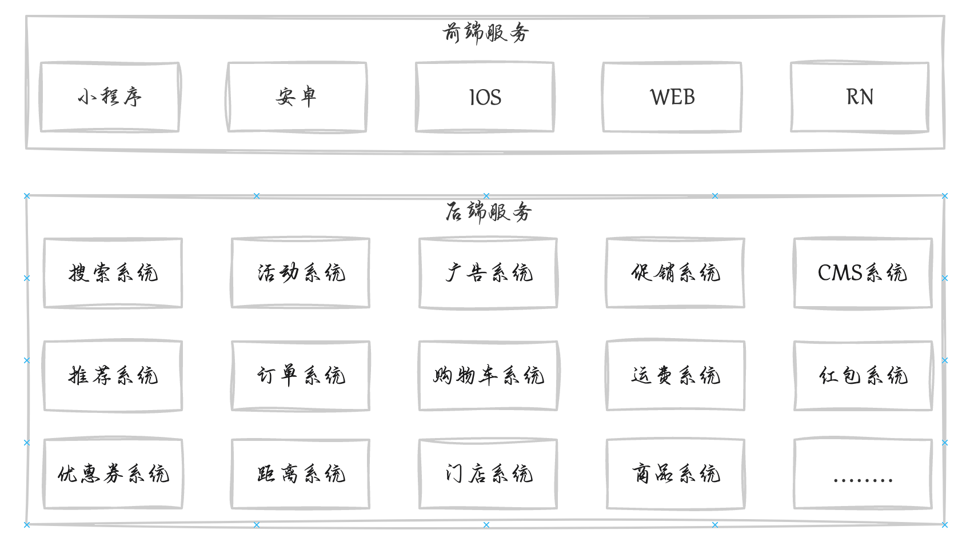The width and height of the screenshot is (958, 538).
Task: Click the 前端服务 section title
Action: click(x=485, y=33)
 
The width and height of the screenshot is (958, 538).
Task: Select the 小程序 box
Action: click(x=110, y=97)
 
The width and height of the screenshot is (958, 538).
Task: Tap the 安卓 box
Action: click(x=297, y=97)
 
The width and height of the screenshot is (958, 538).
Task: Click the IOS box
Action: click(x=485, y=98)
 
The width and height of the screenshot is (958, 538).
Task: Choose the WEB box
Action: click(x=672, y=98)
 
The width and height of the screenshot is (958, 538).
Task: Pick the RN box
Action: click(x=860, y=98)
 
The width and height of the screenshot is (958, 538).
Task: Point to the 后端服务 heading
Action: click(x=488, y=212)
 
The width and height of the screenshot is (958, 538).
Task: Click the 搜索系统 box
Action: click(x=113, y=273)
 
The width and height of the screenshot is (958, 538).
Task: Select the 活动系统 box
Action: click(x=301, y=273)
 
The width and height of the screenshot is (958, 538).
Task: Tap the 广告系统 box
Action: click(x=488, y=273)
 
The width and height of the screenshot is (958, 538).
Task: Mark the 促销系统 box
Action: click(x=676, y=273)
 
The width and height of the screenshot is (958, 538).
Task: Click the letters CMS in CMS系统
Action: click(x=840, y=273)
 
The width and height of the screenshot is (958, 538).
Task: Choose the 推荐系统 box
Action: click(x=113, y=376)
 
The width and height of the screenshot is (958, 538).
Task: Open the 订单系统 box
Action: click(x=301, y=376)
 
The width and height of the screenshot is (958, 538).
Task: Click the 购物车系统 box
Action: click(x=488, y=376)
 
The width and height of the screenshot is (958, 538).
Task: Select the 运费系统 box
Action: click(x=676, y=376)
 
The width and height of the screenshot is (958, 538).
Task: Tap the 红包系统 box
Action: click(x=863, y=376)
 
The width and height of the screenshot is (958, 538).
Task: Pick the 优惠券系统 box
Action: click(x=113, y=474)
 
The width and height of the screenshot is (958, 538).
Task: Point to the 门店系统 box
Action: click(x=488, y=474)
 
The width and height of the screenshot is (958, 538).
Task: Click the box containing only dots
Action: click(x=863, y=474)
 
